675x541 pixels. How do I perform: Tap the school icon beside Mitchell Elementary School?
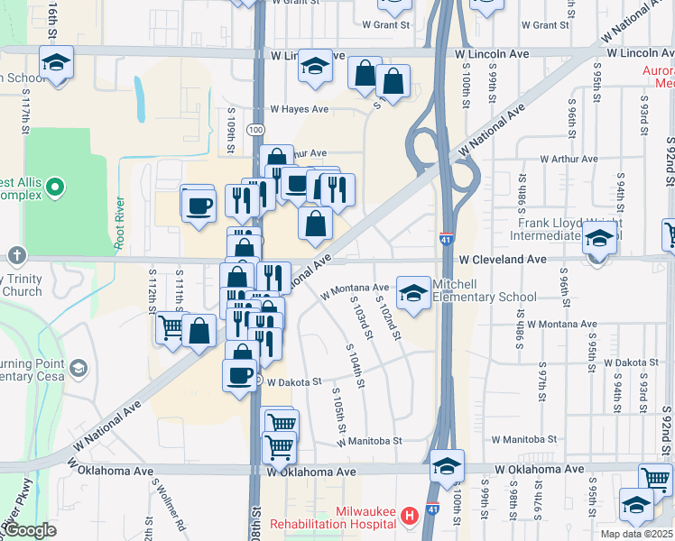pyautogui.click(x=414, y=294)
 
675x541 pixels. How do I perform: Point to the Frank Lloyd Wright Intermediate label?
pyautogui.click(x=567, y=229)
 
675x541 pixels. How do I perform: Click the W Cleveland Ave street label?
pyautogui.click(x=503, y=259)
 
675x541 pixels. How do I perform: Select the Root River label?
pyautogui.click(x=119, y=223)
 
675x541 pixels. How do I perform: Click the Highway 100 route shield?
pyautogui.click(x=258, y=130)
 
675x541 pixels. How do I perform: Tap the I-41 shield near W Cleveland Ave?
pyautogui.click(x=446, y=239)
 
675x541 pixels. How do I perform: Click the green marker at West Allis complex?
pyautogui.click(x=56, y=188)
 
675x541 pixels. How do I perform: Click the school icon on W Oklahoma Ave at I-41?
pyautogui.click(x=447, y=466)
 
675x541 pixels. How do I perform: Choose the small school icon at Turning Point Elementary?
pyautogui.click(x=79, y=368)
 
